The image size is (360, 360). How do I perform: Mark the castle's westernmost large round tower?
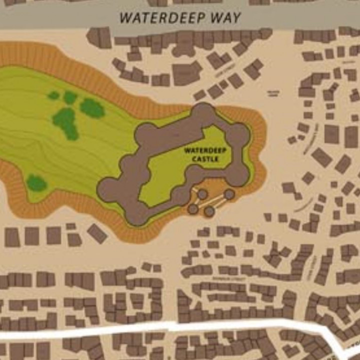[107, 189]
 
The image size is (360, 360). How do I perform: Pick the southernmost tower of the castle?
[136, 215]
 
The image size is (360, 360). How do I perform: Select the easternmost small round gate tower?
[229, 194]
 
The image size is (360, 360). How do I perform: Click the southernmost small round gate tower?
[209, 211]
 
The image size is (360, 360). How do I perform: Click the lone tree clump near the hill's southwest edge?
[36, 183]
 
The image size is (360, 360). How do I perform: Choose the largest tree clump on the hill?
[66, 122]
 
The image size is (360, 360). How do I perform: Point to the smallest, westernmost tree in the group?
[53, 95]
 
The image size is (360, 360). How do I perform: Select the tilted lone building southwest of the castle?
[97, 233]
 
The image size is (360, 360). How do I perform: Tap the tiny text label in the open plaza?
[273, 93]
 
